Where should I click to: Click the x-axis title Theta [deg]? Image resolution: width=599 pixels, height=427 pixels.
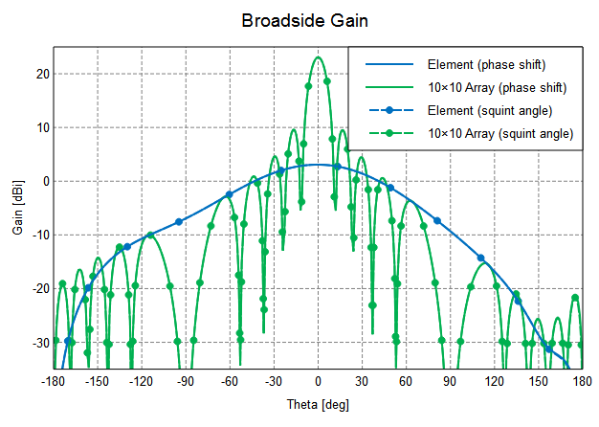tap(319, 404)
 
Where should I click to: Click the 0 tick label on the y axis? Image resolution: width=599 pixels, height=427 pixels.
tap(42, 181)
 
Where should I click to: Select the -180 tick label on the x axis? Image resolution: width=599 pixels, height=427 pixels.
tap(53, 382)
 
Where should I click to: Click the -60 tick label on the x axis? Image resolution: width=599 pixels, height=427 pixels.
tap(230, 382)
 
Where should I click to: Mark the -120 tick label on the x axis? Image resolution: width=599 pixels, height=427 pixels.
tap(142, 382)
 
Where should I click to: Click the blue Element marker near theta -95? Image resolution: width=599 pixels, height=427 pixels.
tap(179, 222)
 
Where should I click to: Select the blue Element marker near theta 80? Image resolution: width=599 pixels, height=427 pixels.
tap(437, 221)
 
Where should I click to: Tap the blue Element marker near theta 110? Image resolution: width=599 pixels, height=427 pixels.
tap(481, 258)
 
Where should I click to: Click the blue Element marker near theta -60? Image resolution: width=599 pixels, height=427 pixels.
tap(229, 194)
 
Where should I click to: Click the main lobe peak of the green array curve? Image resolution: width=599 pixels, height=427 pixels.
tap(318, 57)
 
